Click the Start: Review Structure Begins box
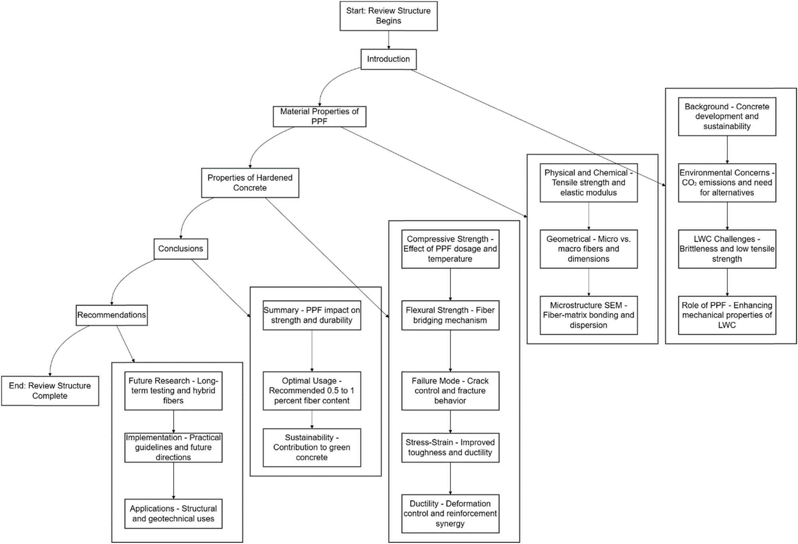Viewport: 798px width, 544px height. pos(388,16)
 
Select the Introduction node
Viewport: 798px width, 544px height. pos(388,59)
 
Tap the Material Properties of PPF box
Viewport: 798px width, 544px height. pos(319,116)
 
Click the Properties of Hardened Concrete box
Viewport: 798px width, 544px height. pos(250,183)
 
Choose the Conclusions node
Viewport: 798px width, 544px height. pos(180,249)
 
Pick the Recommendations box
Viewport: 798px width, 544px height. pos(111,315)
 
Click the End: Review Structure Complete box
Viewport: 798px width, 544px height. pos(50,391)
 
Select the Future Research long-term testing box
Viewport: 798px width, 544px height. pos(173,391)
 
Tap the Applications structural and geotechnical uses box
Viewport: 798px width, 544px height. pos(173,514)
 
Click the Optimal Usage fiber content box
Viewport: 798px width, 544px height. pos(312,391)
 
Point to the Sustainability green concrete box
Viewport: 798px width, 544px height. pos(312,447)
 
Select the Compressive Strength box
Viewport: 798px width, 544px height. pos(450,249)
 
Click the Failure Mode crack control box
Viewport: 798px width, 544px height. pos(450,391)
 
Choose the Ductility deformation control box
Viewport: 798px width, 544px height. pos(450,514)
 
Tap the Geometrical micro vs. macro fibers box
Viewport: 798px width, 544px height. pos(589,249)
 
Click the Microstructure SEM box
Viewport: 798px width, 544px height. pos(589,315)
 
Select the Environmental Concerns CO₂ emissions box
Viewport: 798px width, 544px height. pos(727,183)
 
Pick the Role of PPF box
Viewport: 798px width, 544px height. pos(727,315)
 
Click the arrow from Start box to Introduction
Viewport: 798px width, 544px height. pos(388,40)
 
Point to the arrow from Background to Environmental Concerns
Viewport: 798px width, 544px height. pos(727,150)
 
